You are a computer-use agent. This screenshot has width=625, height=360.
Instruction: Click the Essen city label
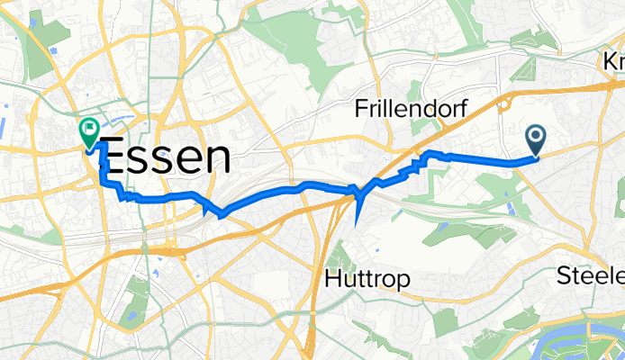pos(163,159)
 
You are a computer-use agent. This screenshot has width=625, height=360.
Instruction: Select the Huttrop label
pos(366,280)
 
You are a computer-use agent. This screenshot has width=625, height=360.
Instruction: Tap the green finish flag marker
pos(90,133)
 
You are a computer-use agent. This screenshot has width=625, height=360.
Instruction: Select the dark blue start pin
pos(536,140)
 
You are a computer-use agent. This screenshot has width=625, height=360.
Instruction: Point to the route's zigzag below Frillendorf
pos(416,165)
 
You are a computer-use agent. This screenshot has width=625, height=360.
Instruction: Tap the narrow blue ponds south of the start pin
pos(512,206)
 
